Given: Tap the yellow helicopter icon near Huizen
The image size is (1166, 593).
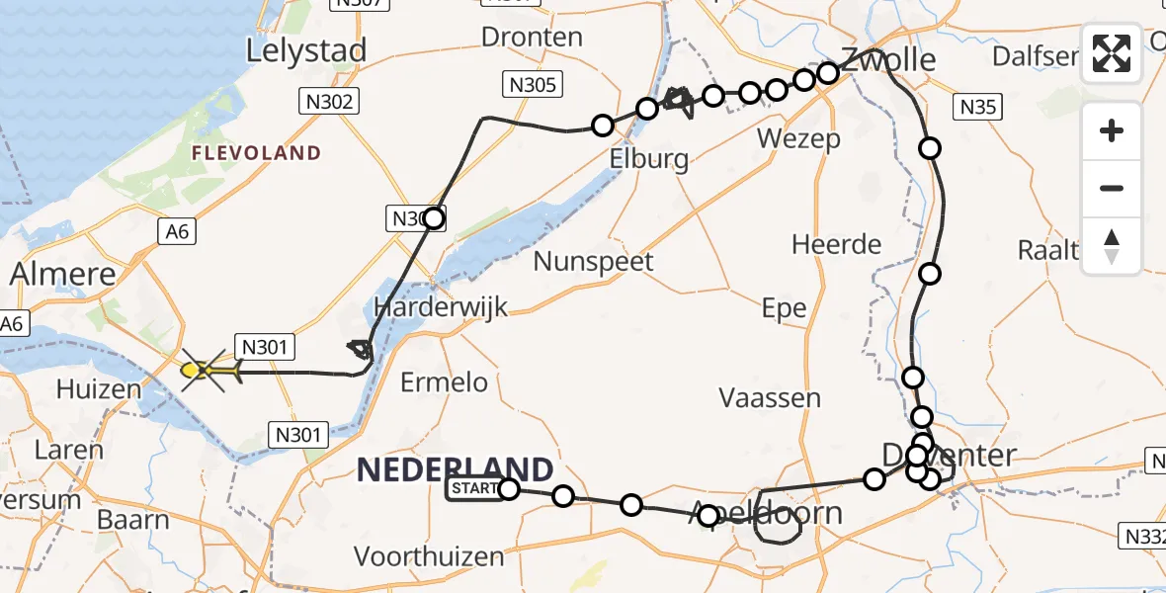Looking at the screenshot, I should pyautogui.click(x=208, y=372).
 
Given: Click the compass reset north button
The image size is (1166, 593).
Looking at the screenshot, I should pyautogui.click(x=1112, y=245).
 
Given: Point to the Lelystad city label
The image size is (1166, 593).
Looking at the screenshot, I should pyautogui.click(x=306, y=50).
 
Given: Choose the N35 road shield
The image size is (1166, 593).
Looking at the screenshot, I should pyautogui.click(x=978, y=108).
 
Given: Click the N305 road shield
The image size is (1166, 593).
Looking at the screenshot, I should pyautogui.click(x=533, y=86).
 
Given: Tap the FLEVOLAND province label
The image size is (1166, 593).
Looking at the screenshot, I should pyautogui.click(x=257, y=153).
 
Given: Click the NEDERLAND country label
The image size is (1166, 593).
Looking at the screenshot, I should pyautogui.click(x=455, y=469).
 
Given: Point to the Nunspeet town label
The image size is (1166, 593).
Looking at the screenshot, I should pyautogui.click(x=593, y=262).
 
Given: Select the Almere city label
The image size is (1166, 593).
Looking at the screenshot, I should pyautogui.click(x=63, y=274).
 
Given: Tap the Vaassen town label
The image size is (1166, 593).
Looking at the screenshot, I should pyautogui.click(x=770, y=398).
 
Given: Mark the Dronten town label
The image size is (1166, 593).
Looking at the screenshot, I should pyautogui.click(x=532, y=38).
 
